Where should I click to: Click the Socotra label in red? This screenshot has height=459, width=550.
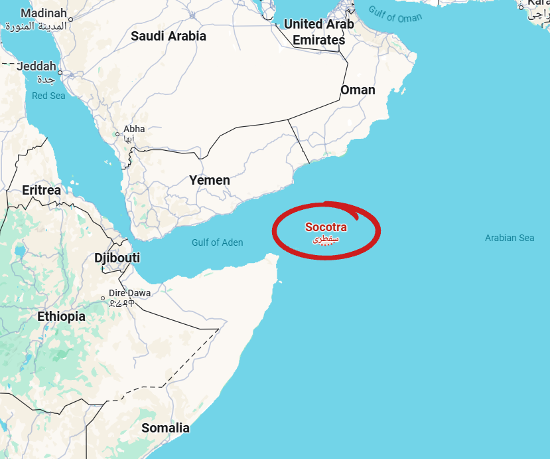[x=326, y=227]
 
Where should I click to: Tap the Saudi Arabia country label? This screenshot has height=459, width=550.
[x=169, y=36]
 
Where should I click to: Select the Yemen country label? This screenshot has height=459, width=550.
[x=210, y=180]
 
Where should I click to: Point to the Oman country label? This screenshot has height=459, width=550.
[x=358, y=90]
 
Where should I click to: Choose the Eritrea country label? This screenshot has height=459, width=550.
[x=41, y=190]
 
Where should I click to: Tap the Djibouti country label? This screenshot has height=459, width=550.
[x=117, y=258]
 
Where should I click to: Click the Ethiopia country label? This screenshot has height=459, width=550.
[x=61, y=316]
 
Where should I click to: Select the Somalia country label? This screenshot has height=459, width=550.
[x=165, y=428]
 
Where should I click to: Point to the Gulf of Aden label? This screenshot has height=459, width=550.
[x=218, y=242]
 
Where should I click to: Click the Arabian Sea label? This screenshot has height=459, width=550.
[x=510, y=238]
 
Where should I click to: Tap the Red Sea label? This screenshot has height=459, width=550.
[x=48, y=96]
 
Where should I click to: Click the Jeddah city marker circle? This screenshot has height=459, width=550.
[x=60, y=73]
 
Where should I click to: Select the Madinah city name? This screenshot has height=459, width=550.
[x=44, y=13]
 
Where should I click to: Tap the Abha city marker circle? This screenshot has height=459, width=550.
[x=118, y=134]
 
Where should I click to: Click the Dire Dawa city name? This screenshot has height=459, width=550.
[x=130, y=293]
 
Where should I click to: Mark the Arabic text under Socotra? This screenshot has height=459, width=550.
[x=326, y=238]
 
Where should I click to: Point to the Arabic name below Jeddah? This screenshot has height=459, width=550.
[x=45, y=80]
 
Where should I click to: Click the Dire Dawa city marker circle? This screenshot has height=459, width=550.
[x=103, y=298]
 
